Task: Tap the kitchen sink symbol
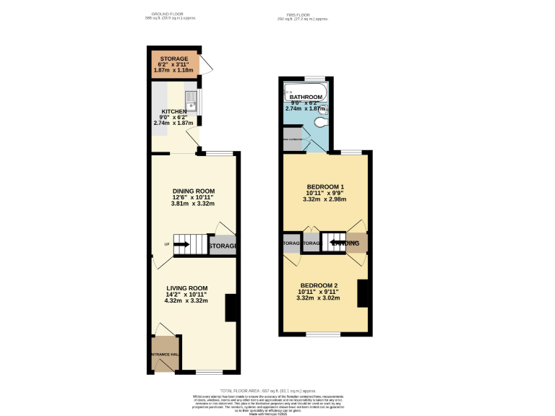tap(191, 101)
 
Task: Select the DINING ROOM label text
tap(192, 190)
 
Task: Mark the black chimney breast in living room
tap(231, 308)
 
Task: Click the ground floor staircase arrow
tap(181, 245)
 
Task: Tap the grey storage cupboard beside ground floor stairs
tap(223, 246)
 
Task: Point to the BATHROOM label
tap(306, 97)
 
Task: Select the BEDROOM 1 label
tap(325, 187)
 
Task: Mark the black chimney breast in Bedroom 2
tap(364, 292)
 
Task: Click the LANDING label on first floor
tap(345, 243)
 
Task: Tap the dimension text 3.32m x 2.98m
tap(325, 199)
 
